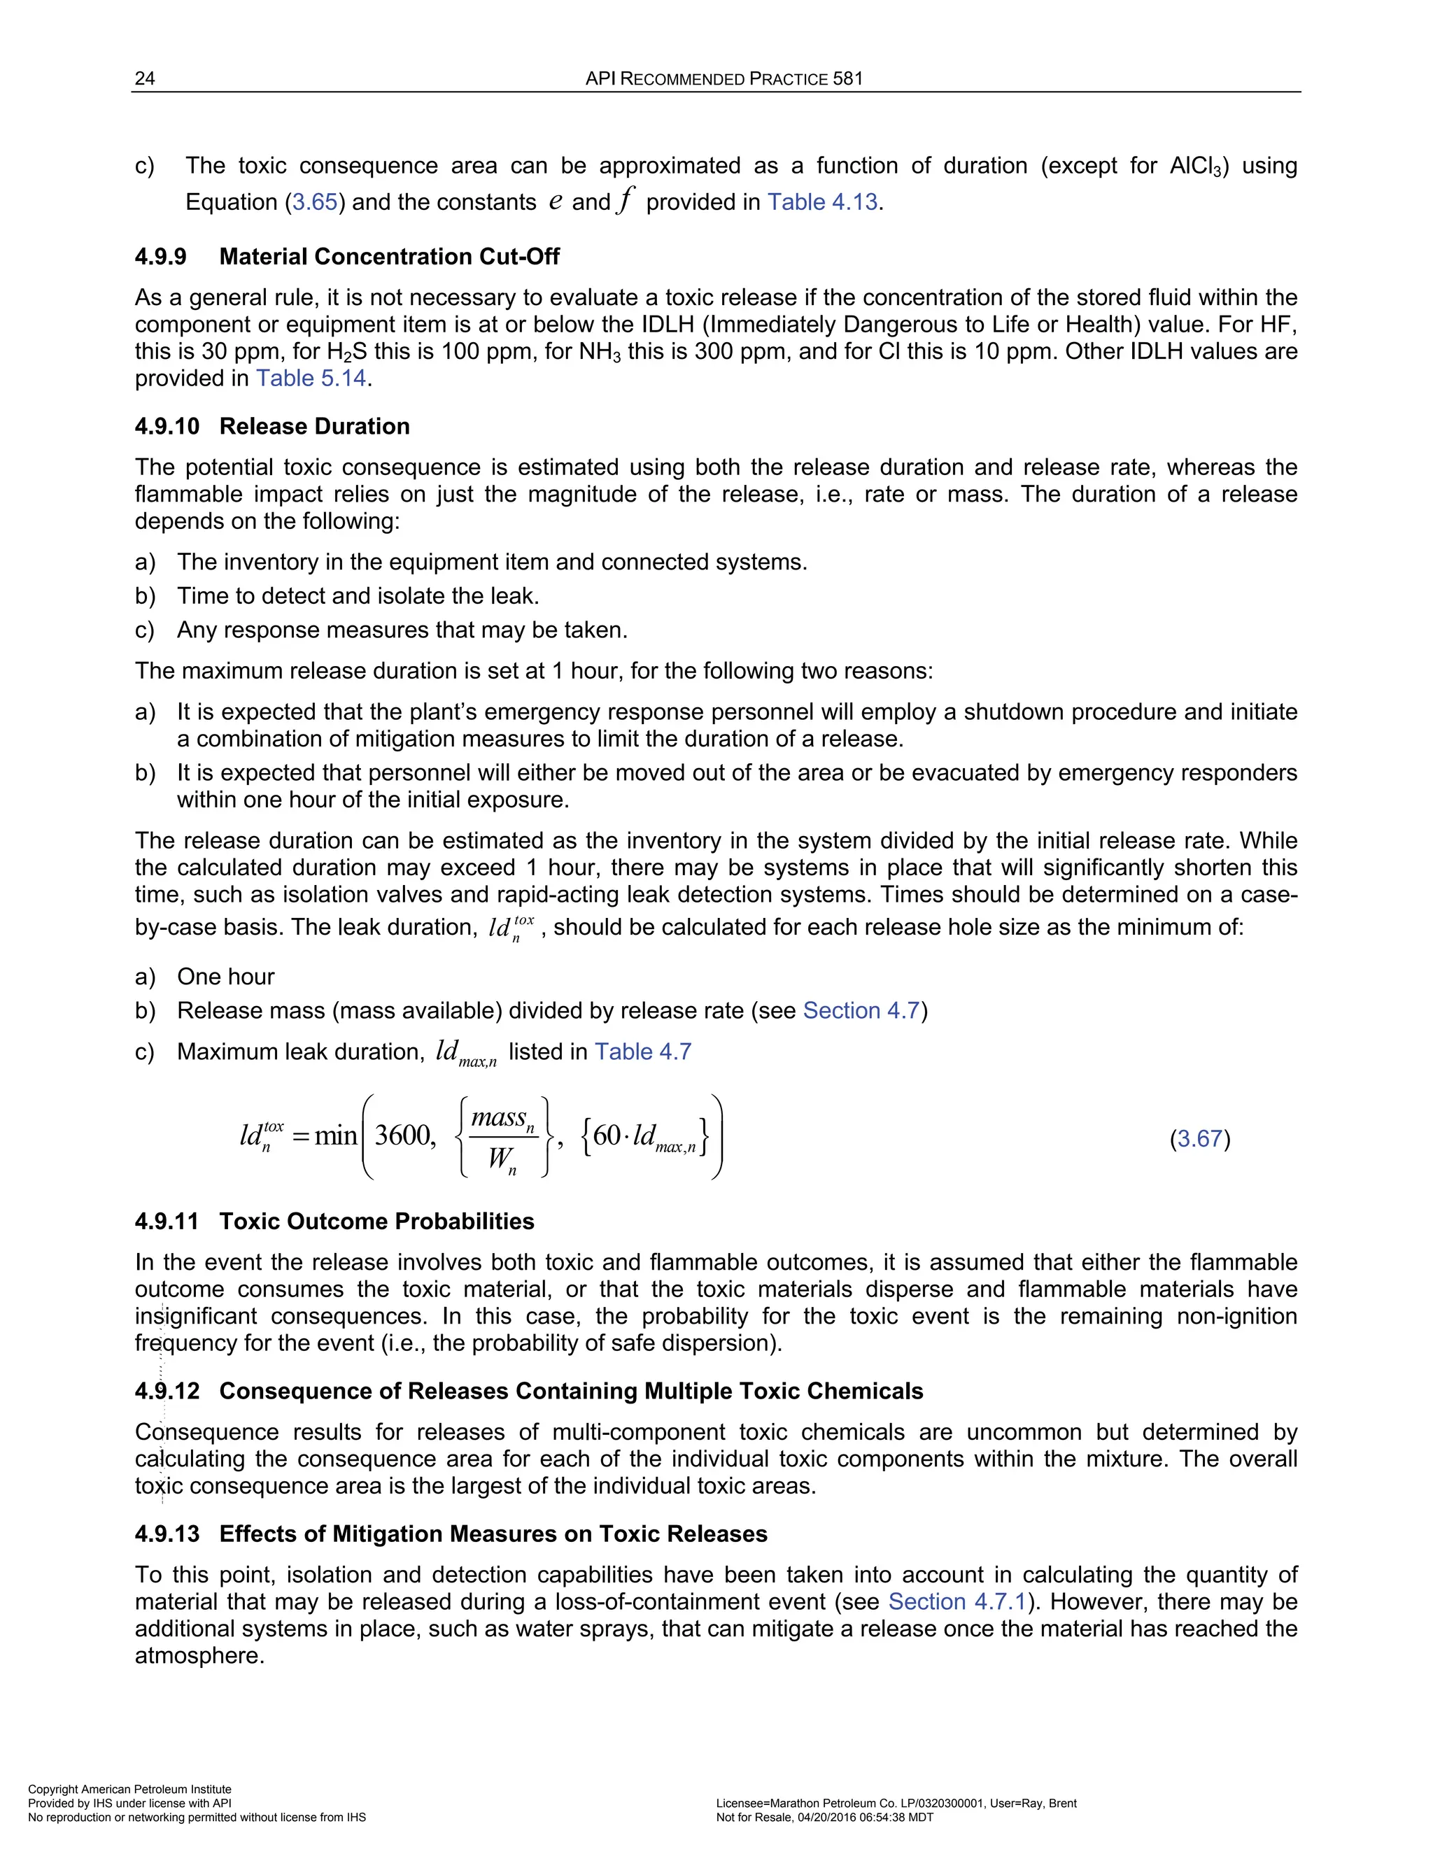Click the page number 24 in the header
pyautogui.click(x=145, y=79)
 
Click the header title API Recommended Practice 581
pyautogui.click(x=724, y=79)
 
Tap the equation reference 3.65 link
pyautogui.click(x=315, y=202)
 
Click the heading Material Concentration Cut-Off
pyautogui.click(x=389, y=256)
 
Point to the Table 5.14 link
pyautogui.click(x=311, y=378)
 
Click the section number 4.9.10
pyautogui.click(x=167, y=426)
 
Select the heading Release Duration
pyautogui.click(x=314, y=426)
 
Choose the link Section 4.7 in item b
pyautogui.click(x=861, y=1010)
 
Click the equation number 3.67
pyautogui.click(x=1199, y=1138)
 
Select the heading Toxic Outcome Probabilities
pyautogui.click(x=377, y=1222)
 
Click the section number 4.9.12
pyautogui.click(x=167, y=1392)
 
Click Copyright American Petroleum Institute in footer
pyautogui.click(x=130, y=1789)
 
